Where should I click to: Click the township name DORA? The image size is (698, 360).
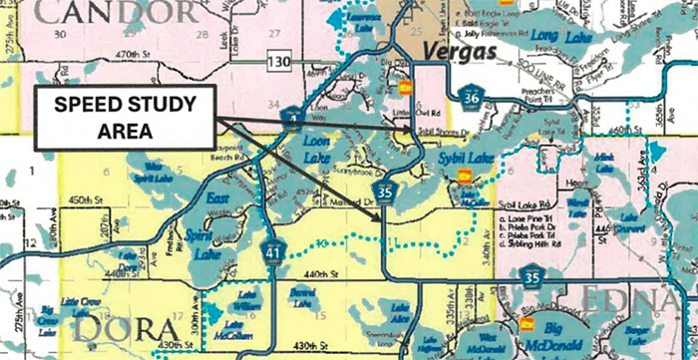[x=85, y=325]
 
